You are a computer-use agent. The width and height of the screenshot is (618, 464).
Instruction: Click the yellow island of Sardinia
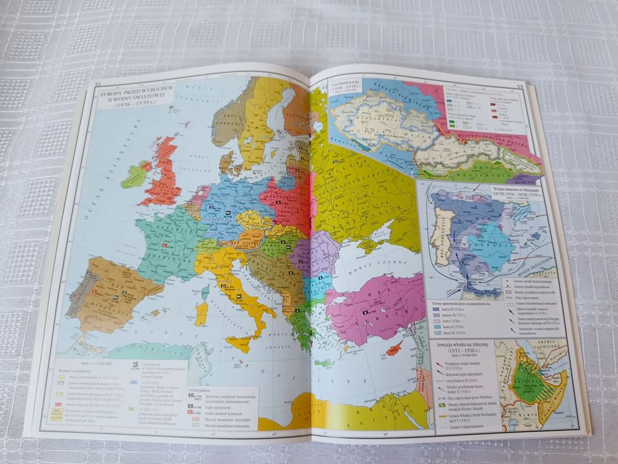click(x=201, y=312)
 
